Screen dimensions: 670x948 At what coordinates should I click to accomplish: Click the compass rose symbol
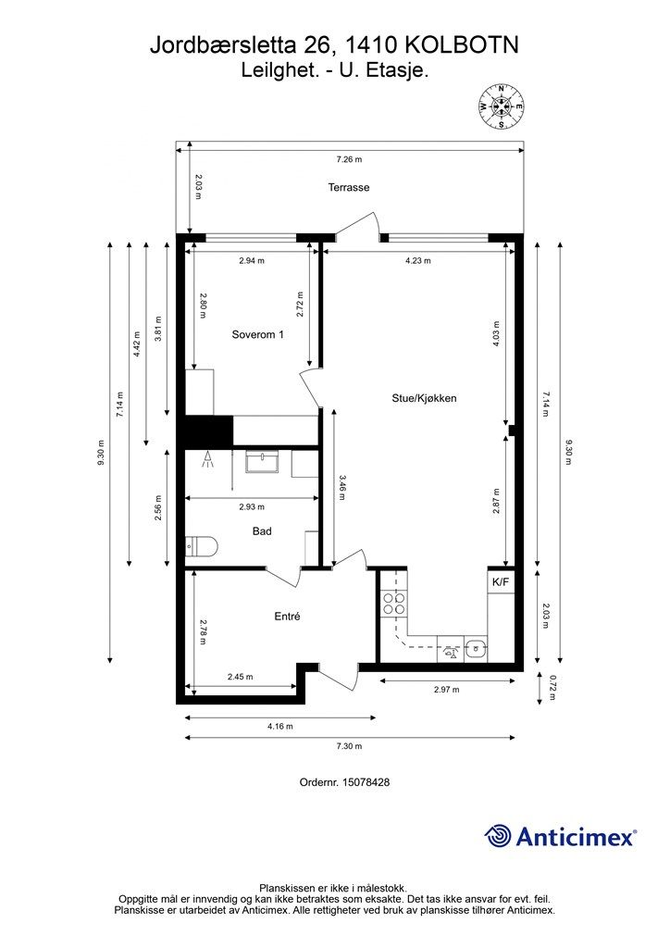tap(501, 106)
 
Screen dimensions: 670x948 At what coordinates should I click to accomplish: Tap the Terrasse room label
tap(349, 187)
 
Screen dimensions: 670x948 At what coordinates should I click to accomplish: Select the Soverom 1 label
tap(257, 334)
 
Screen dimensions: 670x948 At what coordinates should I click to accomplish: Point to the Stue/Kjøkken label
tap(424, 398)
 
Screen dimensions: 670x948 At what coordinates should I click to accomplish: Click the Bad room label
tap(262, 531)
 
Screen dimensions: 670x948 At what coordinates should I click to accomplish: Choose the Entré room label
tap(287, 617)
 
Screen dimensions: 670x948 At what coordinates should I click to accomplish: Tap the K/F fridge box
tap(501, 582)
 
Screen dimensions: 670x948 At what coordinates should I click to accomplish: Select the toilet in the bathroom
tap(201, 546)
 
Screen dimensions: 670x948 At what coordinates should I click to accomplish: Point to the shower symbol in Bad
tap(208, 459)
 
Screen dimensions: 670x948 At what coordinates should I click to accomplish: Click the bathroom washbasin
tap(262, 462)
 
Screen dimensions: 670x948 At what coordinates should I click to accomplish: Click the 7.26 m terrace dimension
tap(349, 159)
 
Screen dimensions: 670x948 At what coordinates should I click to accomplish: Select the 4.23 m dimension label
tap(417, 261)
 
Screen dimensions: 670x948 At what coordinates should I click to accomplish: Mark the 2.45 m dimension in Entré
tap(240, 677)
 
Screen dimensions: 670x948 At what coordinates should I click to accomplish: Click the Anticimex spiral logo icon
tap(498, 836)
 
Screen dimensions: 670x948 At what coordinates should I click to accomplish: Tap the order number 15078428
tap(366, 782)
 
